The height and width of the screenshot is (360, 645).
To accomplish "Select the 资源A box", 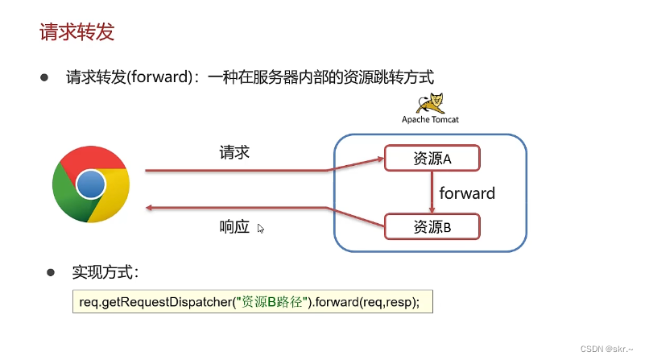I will click(x=432, y=158).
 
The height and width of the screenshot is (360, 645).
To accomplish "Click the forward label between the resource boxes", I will click(x=467, y=193).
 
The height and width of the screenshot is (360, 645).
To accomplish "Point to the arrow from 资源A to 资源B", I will click(x=432, y=192).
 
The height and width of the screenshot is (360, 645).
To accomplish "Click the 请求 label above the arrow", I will click(x=234, y=151).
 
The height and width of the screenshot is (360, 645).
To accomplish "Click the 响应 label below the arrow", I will click(x=234, y=227).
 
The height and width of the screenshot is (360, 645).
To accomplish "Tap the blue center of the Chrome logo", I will click(x=90, y=185).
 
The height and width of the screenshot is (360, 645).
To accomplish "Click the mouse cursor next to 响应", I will click(x=260, y=229).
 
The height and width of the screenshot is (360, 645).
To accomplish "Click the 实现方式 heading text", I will click(x=105, y=272).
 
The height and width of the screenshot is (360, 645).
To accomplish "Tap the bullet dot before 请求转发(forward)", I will click(x=45, y=78).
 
